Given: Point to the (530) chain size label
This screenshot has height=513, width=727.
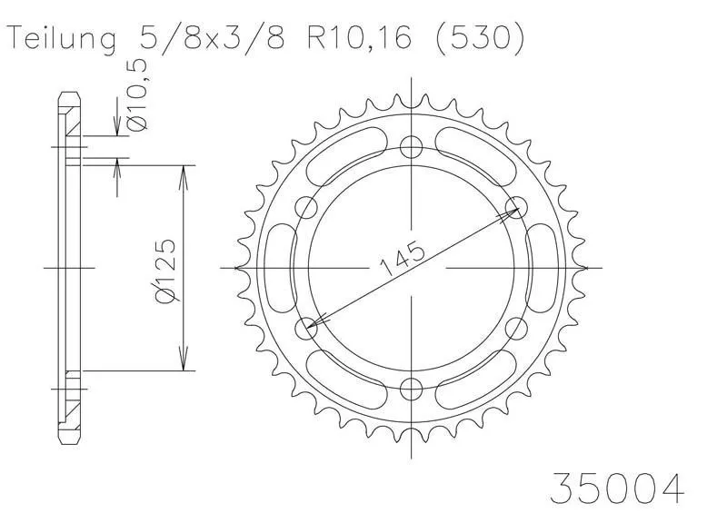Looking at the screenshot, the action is (480, 37).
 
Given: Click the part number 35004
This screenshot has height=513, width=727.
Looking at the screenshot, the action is (617, 488).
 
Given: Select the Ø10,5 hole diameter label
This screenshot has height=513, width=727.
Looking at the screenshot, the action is (138, 94).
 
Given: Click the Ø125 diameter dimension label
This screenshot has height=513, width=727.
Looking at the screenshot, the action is (165, 271).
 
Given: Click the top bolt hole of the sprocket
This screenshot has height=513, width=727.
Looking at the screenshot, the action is (412, 148).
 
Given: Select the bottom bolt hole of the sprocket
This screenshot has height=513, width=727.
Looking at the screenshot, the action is (412, 389).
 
